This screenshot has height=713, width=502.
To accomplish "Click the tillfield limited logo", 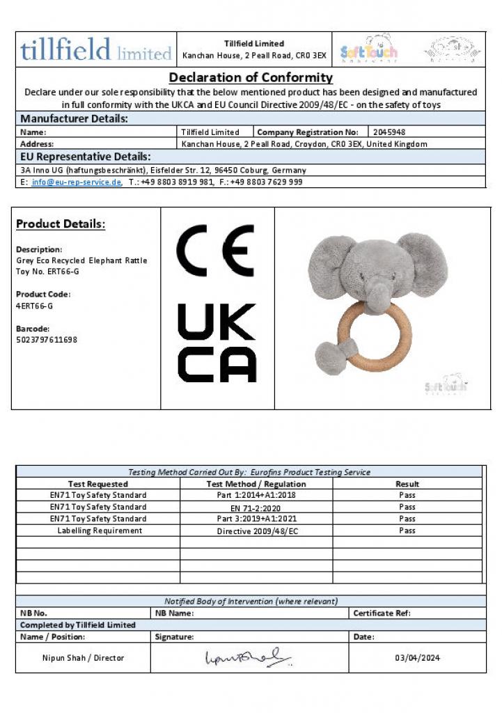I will click(96, 49).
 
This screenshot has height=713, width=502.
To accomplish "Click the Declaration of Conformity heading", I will click(251, 77).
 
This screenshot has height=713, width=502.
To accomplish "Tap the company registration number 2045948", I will click(390, 132).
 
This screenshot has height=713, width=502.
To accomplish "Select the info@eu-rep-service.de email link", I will click(77, 182).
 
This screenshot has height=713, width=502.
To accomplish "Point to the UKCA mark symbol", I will click(217, 343).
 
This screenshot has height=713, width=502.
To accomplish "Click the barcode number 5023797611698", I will click(47, 340).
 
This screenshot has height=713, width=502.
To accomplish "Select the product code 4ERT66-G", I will click(34, 306).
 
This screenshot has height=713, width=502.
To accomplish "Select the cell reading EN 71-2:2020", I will click(256, 508).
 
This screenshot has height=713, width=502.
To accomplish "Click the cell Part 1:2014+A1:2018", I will click(256, 495).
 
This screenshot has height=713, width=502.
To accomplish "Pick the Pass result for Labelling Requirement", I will click(407, 531).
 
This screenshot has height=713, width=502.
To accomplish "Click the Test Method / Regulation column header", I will click(256, 484).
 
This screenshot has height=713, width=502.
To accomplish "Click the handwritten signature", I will click(247, 657).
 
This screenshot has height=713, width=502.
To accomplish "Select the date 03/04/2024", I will click(417, 658).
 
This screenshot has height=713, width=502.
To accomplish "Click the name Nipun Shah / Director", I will click(83, 658).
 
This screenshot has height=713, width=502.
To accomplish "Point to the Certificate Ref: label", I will click(382, 613).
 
